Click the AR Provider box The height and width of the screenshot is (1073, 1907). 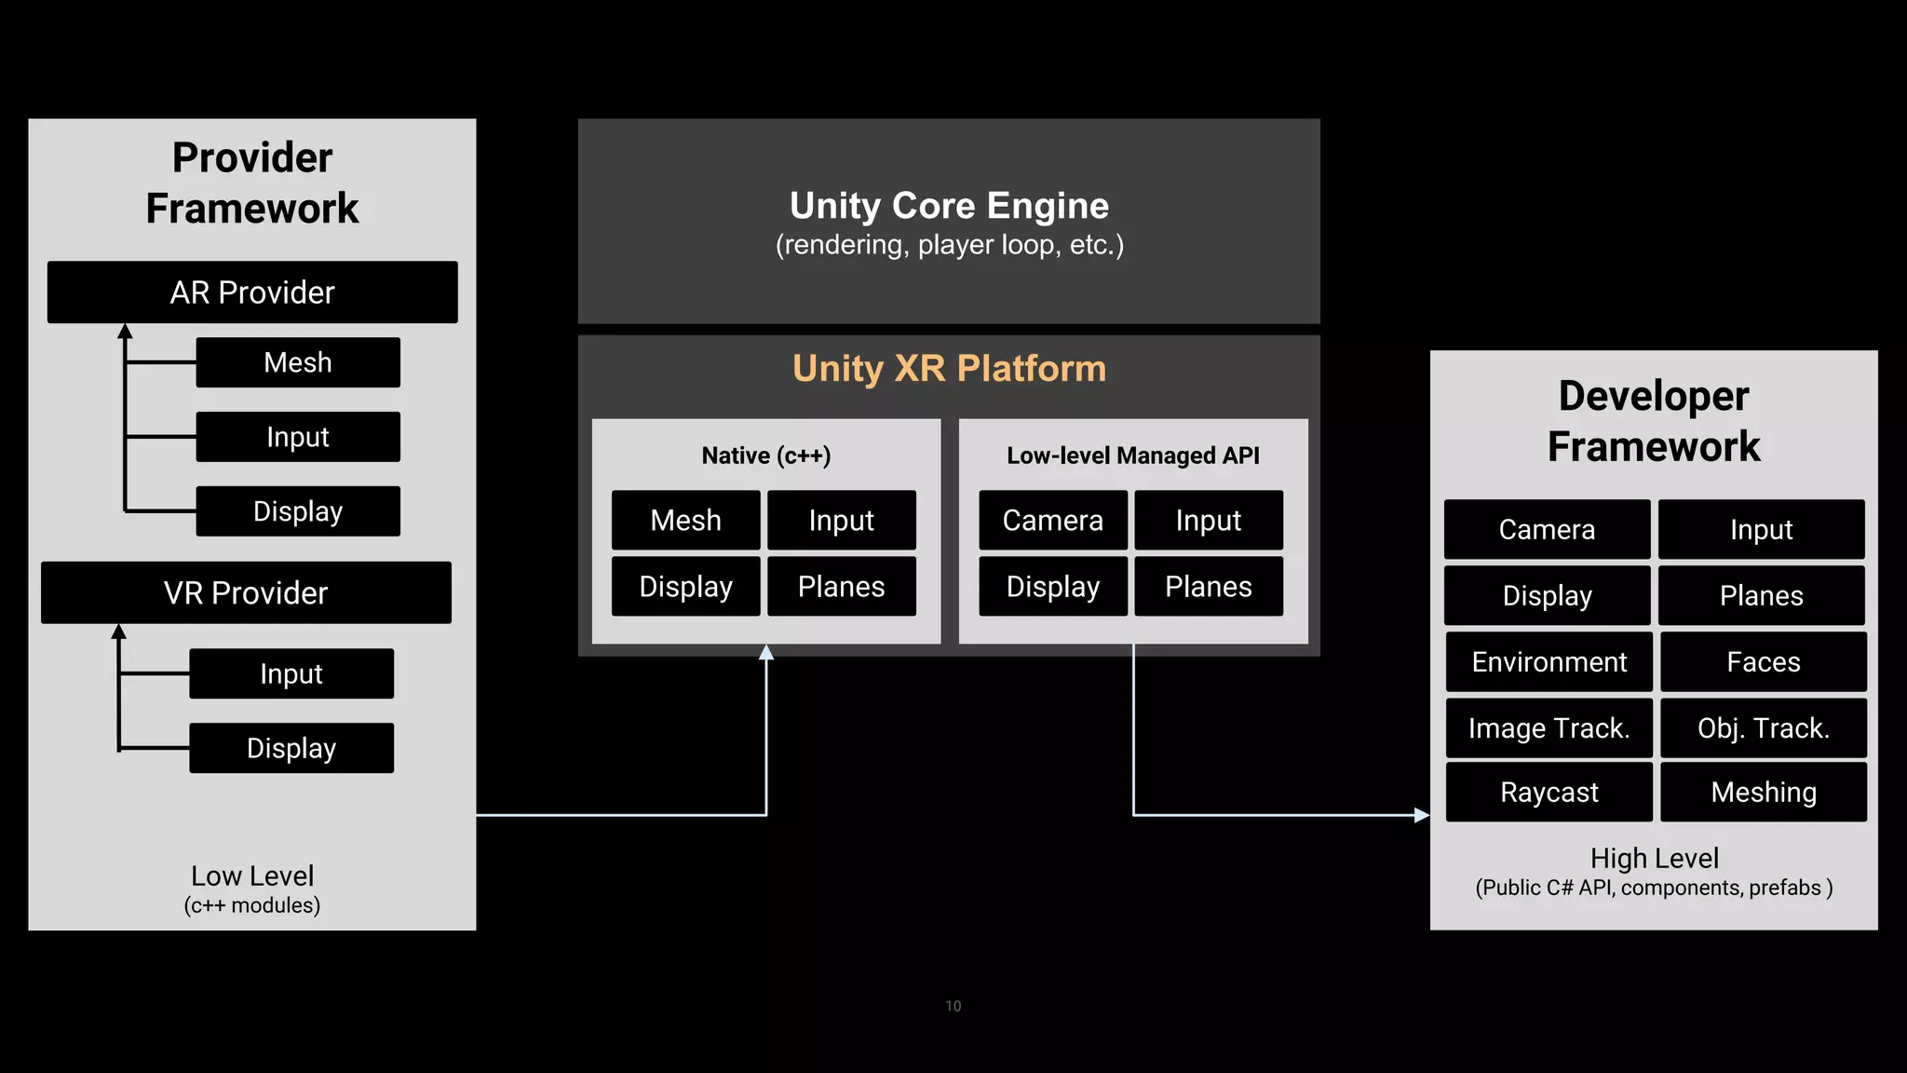point(252,292)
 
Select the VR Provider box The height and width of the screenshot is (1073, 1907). point(246,592)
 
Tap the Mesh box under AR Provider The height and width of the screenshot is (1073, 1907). point(298,362)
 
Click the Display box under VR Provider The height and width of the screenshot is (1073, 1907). point(291,748)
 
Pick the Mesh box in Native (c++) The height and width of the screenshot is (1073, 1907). point(685,520)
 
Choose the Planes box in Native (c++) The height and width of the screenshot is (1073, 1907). point(841,586)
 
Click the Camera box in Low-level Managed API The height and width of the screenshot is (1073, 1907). point(1052,520)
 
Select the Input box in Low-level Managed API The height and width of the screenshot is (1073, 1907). point(1208,520)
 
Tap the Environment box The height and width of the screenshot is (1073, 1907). point(1549,661)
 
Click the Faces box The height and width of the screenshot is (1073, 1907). point(1763,661)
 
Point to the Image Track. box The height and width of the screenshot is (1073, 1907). point(1549,727)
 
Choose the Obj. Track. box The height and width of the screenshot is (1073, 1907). point(1763,727)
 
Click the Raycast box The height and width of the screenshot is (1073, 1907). point(1549,792)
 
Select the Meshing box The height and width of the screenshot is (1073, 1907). point(1763,792)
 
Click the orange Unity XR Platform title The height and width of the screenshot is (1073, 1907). point(949,369)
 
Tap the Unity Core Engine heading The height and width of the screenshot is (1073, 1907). point(949,206)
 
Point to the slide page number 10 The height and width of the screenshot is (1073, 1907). point(953,1006)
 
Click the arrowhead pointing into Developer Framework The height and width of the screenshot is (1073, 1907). point(1422,815)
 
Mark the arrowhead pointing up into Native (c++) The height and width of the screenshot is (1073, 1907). point(766,652)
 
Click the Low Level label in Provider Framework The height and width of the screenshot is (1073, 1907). point(252,876)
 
